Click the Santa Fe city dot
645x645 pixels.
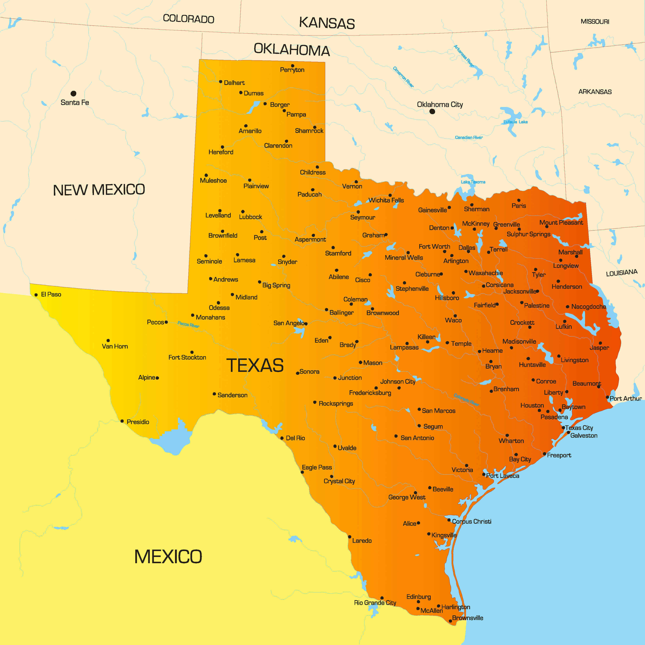74,94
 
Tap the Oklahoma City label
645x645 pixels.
440,104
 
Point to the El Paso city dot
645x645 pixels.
36,295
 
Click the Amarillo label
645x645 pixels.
250,131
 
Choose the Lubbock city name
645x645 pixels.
250,217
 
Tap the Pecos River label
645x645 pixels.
188,324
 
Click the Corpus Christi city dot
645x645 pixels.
449,520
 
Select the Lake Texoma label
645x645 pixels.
473,182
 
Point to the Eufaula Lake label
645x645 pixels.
515,122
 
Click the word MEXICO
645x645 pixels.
168,557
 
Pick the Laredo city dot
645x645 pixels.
350,537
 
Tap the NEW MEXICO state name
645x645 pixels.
99,190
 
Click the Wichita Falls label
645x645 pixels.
386,200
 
